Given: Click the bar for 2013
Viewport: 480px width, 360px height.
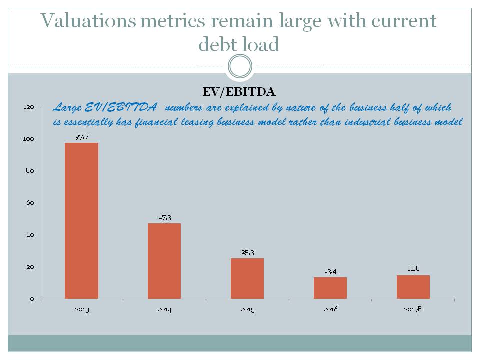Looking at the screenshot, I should pyautogui.click(x=81, y=221).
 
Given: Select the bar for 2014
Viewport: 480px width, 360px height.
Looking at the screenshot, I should pyautogui.click(x=164, y=261).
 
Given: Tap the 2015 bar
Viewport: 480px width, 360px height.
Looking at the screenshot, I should pyautogui.click(x=247, y=278).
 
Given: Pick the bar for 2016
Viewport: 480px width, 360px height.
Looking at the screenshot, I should pyautogui.click(x=330, y=288).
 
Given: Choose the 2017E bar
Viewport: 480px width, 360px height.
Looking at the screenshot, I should pyautogui.click(x=413, y=287).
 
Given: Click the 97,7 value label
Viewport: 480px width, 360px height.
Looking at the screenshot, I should pyautogui.click(x=82, y=137).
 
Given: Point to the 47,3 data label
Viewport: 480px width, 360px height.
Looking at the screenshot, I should pyautogui.click(x=164, y=218).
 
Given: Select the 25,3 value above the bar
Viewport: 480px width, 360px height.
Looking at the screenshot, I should pyautogui.click(x=248, y=252).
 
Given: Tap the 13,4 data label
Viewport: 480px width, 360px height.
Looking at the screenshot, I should pyautogui.click(x=330, y=271).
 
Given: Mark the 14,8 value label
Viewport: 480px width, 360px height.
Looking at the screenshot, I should pyautogui.click(x=413, y=269).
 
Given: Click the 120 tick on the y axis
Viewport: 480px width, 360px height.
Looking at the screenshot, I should pyautogui.click(x=29, y=107).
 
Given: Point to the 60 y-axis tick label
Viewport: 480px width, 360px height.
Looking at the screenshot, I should pyautogui.click(x=30, y=203).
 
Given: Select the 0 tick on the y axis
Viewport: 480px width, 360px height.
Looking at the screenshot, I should pyautogui.click(x=32, y=299).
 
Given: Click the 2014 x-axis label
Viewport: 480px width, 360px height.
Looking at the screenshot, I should pyautogui.click(x=164, y=309).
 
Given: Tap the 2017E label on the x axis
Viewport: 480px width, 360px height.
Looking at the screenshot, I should pyautogui.click(x=413, y=309).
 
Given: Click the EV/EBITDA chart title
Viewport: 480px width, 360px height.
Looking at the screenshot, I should pyautogui.click(x=239, y=92).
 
